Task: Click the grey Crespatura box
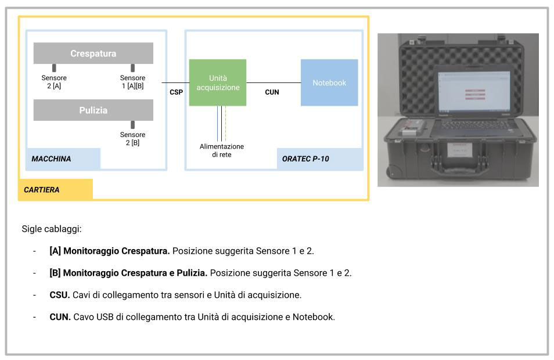93,53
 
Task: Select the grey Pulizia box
93,110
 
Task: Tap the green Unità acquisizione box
218,82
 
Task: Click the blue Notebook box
329,82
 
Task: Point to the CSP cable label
177,92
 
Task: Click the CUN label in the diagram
272,92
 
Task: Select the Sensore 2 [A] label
54,82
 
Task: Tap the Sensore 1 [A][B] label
132,82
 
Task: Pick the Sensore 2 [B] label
132,139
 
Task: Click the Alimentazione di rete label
221,150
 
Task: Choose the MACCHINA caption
51,159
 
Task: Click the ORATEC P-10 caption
305,159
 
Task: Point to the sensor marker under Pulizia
133,125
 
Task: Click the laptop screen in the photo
474,91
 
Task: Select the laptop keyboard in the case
473,124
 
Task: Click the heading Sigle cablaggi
52,229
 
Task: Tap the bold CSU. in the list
60,295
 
